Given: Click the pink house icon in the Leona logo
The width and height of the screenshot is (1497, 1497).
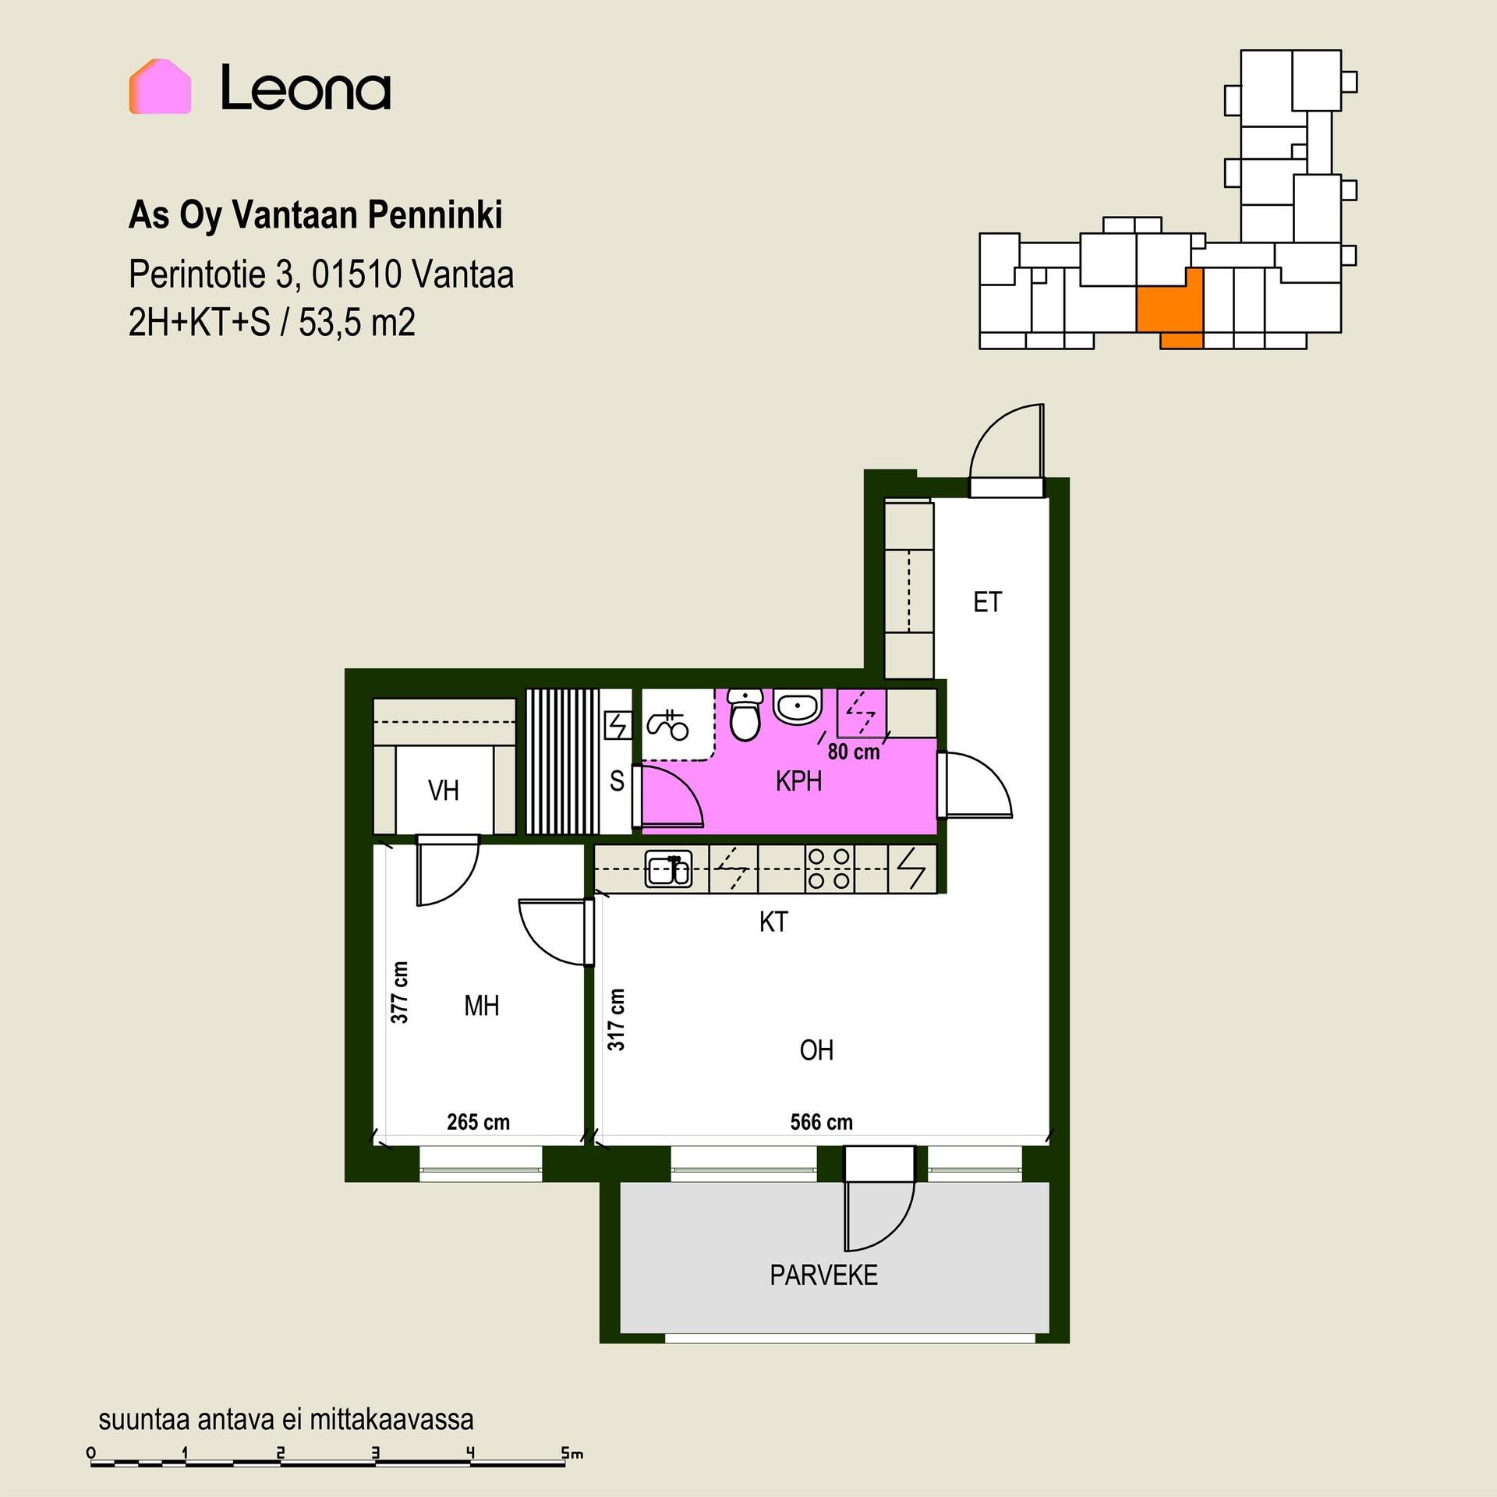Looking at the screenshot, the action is [160, 87].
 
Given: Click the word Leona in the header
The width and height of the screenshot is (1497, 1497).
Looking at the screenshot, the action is [306, 87].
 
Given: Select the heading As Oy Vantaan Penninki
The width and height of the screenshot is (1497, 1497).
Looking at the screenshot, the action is [316, 216].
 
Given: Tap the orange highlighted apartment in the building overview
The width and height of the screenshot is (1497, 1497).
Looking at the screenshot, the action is [1170, 309].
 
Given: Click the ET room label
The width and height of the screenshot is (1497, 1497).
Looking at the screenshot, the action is [987, 602].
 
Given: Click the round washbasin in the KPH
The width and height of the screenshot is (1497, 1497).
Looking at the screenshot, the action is [797, 707].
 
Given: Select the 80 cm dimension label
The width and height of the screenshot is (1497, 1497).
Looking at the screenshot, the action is [854, 752].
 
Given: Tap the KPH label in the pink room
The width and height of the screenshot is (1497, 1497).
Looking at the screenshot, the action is [798, 781].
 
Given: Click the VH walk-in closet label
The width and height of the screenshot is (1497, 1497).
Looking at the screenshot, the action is [444, 791].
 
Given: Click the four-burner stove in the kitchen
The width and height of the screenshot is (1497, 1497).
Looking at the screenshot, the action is [829, 869].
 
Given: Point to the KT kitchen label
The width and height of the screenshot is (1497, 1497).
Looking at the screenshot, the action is [773, 922].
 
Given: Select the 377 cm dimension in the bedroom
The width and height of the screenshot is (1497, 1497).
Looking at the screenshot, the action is [399, 992].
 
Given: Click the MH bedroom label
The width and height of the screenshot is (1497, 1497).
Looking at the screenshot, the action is [481, 1006].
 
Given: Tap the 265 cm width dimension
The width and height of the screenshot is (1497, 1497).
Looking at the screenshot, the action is [478, 1122].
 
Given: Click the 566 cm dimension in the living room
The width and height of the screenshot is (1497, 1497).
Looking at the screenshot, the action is [821, 1122].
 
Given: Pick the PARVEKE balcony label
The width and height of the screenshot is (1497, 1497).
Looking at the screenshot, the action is [824, 1276].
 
